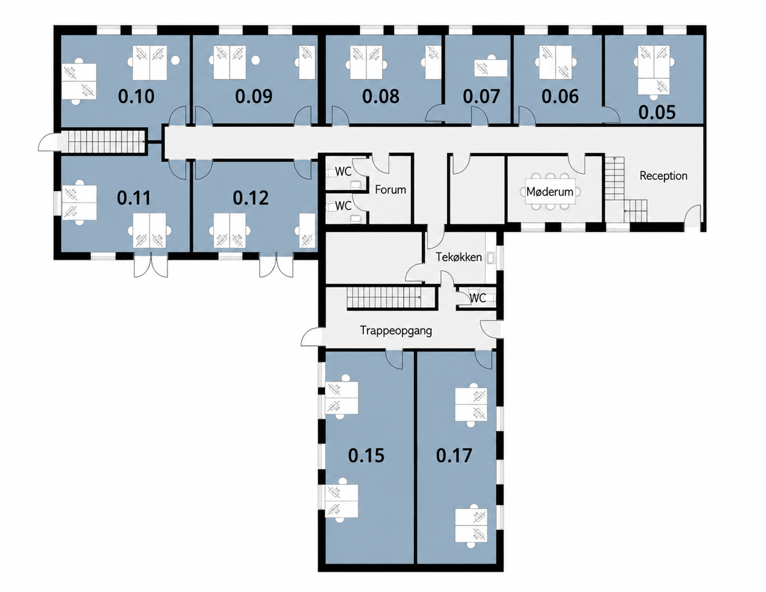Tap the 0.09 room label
pos(254,96)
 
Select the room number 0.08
pos(381,96)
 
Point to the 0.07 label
pos(481,96)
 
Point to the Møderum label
pos(550,192)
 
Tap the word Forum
pos(390,190)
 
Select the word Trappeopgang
pos(396,330)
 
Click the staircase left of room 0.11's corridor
pos(106,142)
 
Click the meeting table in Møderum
pos(550,192)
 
